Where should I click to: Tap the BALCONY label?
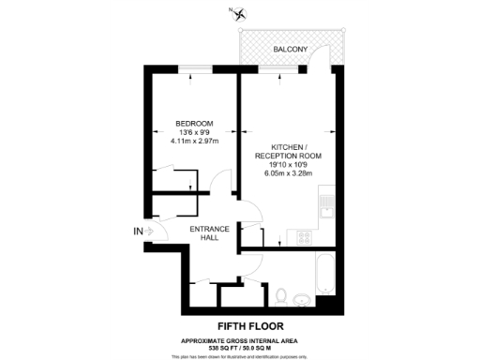(291, 49)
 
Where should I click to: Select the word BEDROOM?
(194, 124)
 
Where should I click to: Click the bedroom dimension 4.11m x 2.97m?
(194, 142)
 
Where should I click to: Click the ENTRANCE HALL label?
(205, 232)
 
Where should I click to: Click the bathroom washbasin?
(302, 300)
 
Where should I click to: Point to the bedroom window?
(192, 69)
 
